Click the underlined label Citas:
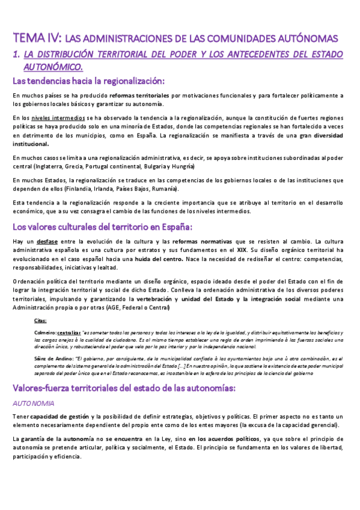41,322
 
